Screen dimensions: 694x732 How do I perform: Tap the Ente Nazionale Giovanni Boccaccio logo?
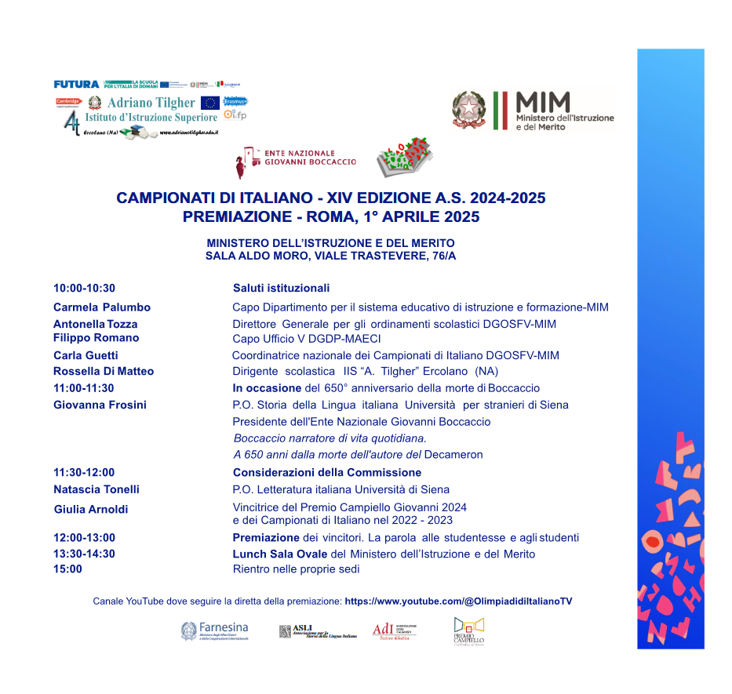[x=296, y=158]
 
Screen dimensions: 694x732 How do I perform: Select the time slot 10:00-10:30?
[x=84, y=289]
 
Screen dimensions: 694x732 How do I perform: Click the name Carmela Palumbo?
[x=102, y=307]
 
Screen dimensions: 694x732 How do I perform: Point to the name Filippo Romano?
[x=96, y=338]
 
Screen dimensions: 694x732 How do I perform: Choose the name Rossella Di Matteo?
[x=104, y=372]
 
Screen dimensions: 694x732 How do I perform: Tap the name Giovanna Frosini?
[x=100, y=405]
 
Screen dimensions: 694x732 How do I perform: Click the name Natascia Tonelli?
[x=97, y=489]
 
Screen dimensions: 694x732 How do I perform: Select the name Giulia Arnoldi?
[x=91, y=510]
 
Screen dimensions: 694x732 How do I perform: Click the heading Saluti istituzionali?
[x=281, y=289]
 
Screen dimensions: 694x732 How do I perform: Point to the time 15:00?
[x=67, y=569]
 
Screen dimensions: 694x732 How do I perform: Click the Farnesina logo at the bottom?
[x=214, y=630]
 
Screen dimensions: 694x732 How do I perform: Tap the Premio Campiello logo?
[x=468, y=631]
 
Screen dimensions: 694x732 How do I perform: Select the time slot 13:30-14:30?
[x=84, y=554]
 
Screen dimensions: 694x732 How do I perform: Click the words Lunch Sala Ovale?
[x=279, y=554]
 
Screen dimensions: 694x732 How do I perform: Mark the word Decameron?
[x=453, y=455]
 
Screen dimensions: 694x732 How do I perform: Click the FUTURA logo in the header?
[x=76, y=84]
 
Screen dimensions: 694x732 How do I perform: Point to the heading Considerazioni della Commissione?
[x=326, y=472]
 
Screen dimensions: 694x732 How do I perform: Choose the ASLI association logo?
[x=317, y=631]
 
